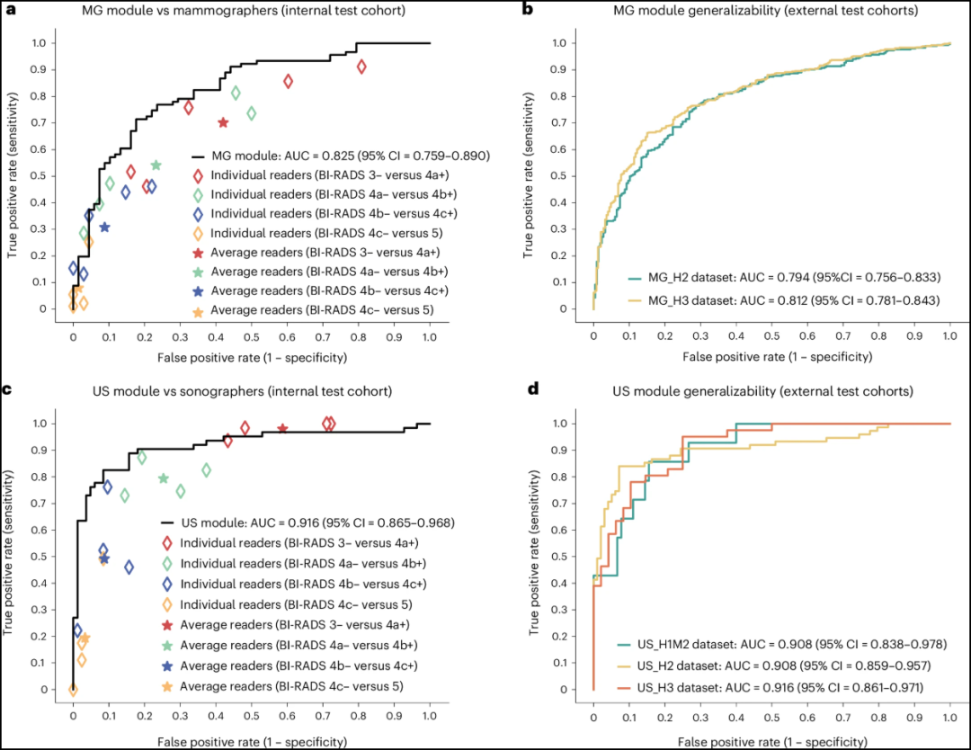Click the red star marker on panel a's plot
223,122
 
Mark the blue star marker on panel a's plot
104,228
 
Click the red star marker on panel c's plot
282,429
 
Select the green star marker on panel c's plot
163,478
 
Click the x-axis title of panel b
771,357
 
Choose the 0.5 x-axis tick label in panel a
251,335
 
